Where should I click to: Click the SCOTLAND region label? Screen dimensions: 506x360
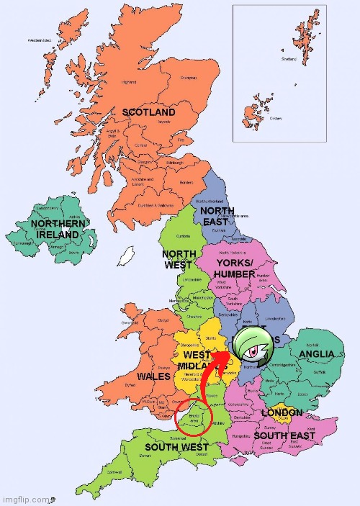pyautogui.click(x=148, y=113)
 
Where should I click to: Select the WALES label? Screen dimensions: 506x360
pyautogui.click(x=153, y=376)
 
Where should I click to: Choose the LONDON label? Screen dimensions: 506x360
pyautogui.click(x=277, y=413)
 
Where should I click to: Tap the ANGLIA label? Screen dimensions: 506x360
pyautogui.click(x=316, y=354)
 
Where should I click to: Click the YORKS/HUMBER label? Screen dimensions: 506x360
pyautogui.click(x=235, y=269)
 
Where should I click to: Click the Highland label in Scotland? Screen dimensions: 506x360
pyautogui.click(x=129, y=82)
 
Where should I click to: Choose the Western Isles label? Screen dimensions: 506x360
pyautogui.click(x=40, y=41)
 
